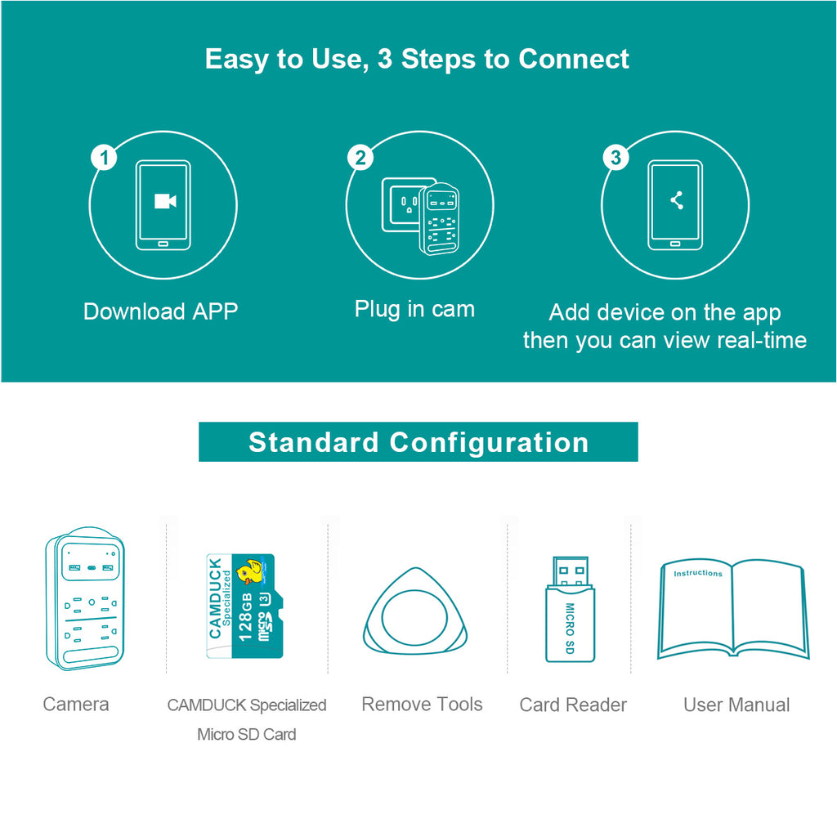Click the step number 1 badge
pyautogui.click(x=104, y=158)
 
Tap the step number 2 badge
pyautogui.click(x=360, y=158)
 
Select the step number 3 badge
pyautogui.click(x=615, y=158)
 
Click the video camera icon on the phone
pyautogui.click(x=164, y=201)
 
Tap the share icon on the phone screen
pyautogui.click(x=676, y=200)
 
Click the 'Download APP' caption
pyautogui.click(x=161, y=311)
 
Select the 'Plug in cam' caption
pyautogui.click(x=414, y=309)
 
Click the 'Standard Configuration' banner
pyautogui.click(x=418, y=442)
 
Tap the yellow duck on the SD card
pyautogui.click(x=248, y=572)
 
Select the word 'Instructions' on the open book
pyautogui.click(x=698, y=573)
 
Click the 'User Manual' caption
pyautogui.click(x=736, y=705)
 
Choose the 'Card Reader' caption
pyautogui.click(x=573, y=705)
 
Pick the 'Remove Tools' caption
pyautogui.click(x=422, y=705)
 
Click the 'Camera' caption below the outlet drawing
pyautogui.click(x=76, y=705)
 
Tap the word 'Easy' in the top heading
pyautogui.click(x=235, y=59)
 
